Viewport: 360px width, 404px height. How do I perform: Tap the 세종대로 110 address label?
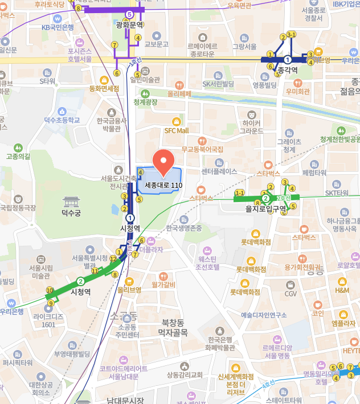click(163, 185)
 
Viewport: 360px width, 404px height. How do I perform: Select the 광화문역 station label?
click(129, 25)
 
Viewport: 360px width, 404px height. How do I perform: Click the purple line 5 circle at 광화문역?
click(129, 14)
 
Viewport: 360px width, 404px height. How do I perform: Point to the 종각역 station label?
click(288, 71)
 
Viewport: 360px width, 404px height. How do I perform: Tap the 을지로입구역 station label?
click(266, 209)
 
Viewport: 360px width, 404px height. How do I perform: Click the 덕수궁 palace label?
click(72, 213)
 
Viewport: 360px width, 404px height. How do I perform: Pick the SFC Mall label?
click(177, 130)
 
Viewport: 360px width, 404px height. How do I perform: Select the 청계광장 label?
click(145, 102)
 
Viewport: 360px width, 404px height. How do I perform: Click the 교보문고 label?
click(156, 44)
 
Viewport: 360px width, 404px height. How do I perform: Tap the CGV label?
click(291, 294)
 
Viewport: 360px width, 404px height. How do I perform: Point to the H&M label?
click(342, 290)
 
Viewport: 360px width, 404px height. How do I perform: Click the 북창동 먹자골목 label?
click(173, 327)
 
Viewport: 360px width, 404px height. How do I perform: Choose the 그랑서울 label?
click(246, 46)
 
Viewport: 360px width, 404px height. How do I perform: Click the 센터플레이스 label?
click(219, 171)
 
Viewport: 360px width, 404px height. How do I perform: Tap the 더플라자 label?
click(151, 249)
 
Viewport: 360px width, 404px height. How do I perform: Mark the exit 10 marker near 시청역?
click(50, 290)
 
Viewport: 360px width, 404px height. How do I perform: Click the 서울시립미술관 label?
click(40, 272)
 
